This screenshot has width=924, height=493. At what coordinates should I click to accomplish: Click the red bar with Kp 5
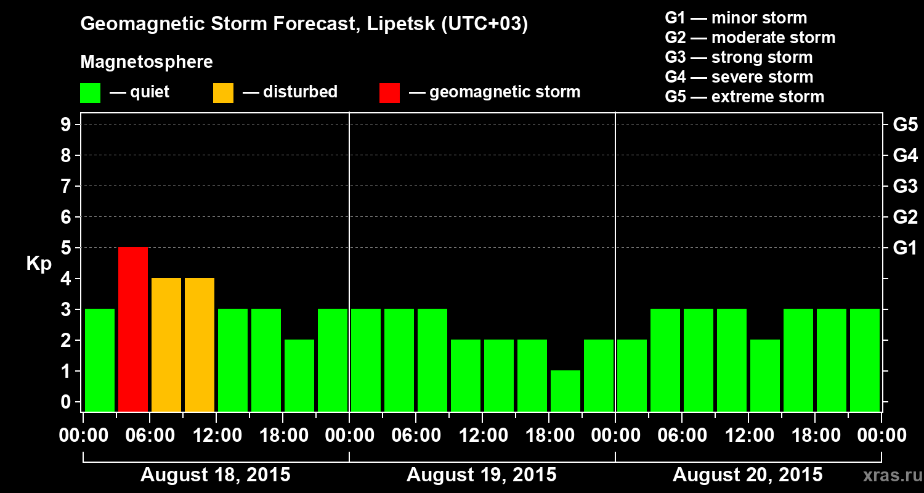click(x=133, y=328)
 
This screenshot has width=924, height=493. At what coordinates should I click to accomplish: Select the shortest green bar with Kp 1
click(x=565, y=390)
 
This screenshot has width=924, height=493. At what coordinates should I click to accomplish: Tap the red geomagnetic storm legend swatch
click(x=389, y=92)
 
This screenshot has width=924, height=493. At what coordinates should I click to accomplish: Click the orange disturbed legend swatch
click(x=223, y=92)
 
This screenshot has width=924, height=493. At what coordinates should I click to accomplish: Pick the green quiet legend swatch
click(x=90, y=92)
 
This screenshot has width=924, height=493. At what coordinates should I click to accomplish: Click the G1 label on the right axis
click(x=905, y=248)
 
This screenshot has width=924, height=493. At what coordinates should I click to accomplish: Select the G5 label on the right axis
click(x=905, y=124)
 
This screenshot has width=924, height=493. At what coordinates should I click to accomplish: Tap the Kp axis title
click(x=39, y=264)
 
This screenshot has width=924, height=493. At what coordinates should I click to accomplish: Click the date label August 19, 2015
click(x=481, y=475)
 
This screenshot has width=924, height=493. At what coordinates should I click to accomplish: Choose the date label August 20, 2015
click(x=747, y=475)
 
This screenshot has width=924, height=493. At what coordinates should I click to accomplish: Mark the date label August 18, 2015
click(x=216, y=475)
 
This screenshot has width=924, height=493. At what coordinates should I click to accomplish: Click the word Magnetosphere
click(x=147, y=62)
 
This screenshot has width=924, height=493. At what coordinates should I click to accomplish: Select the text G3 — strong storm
click(x=739, y=57)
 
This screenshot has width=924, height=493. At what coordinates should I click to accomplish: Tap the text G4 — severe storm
click(x=739, y=77)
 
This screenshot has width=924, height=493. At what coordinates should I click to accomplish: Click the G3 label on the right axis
click(x=905, y=186)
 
